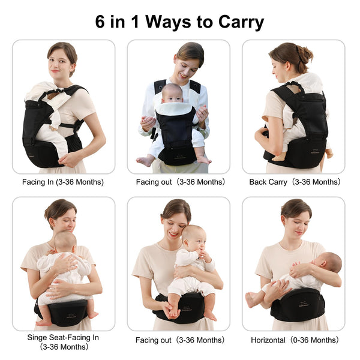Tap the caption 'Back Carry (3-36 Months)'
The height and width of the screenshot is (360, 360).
[295, 182]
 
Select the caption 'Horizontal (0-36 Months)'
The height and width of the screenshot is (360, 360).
[295, 340]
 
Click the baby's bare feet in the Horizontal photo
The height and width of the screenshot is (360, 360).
[250, 299]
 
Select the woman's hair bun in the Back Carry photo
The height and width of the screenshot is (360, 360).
[305, 54]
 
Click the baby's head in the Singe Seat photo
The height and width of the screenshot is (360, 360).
[65, 241]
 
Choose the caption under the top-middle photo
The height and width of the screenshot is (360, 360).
[179, 182]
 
